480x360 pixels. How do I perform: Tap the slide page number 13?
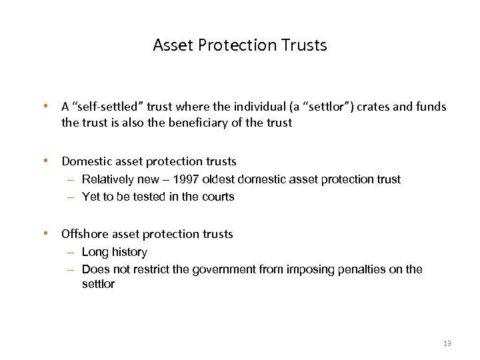coord(447,343)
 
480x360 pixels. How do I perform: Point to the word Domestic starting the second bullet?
coord(85,161)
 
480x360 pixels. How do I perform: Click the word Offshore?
coord(85,234)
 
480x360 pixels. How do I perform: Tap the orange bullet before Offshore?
coord(45,234)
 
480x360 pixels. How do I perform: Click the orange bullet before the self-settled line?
coord(45,106)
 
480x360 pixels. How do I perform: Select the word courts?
coord(218,197)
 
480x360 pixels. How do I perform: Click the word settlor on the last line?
coord(98,285)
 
